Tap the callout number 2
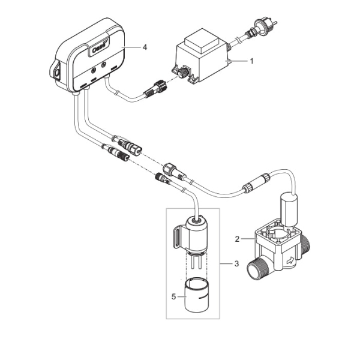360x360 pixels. [x=237, y=239]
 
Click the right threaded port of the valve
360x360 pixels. [x=306, y=242]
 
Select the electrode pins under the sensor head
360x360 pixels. [x=196, y=262]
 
